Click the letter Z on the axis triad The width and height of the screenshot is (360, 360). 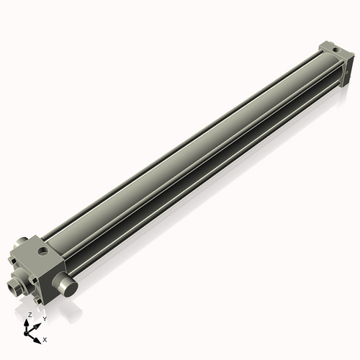(x=30, y=315)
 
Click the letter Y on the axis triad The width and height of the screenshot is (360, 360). (x=44, y=318)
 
